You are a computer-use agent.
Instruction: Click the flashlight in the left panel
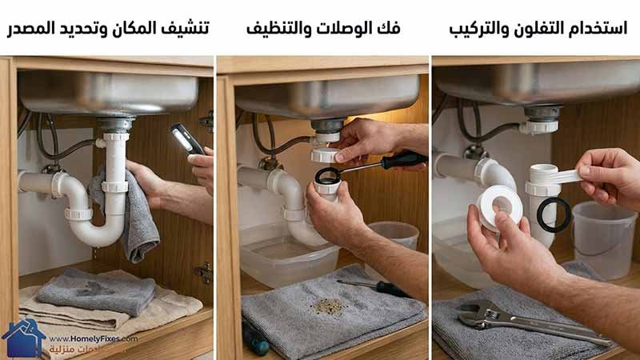coord(187,139)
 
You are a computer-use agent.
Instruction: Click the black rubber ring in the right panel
coord(553,214)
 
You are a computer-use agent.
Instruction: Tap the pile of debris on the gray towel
coord(328,306)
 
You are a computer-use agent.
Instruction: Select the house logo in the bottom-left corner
coord(22,338)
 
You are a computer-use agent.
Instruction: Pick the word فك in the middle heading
coord(390,29)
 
